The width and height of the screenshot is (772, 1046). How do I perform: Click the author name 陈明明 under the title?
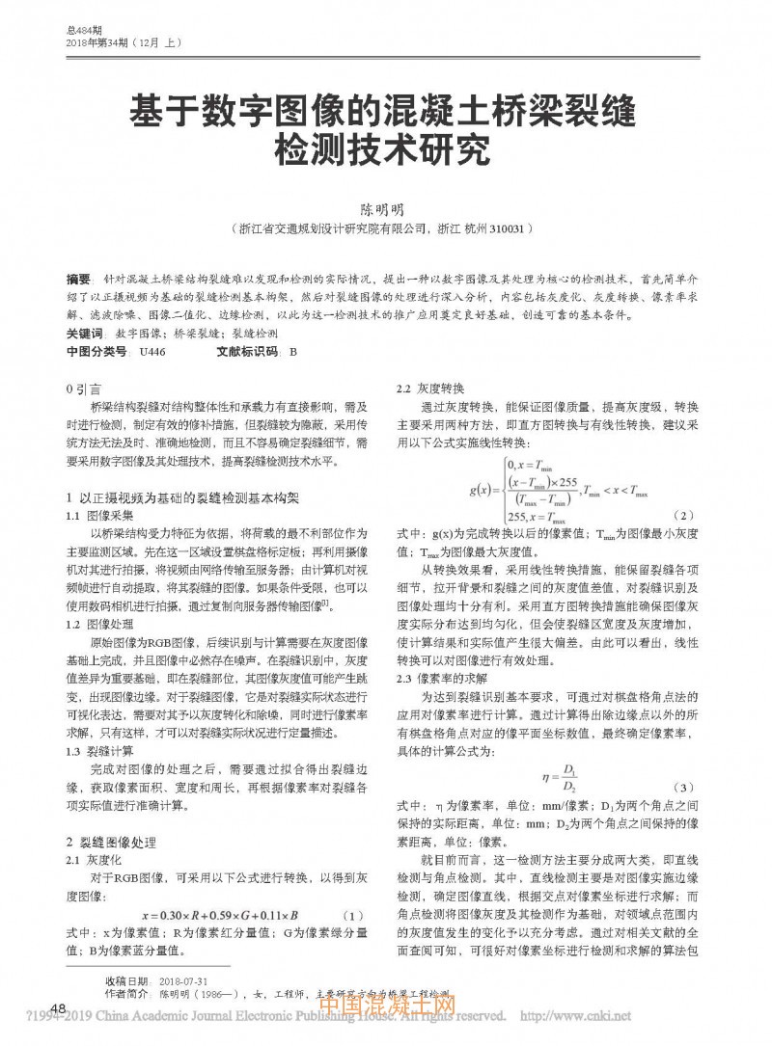tap(384, 208)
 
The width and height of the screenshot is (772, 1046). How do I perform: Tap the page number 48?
tap(57, 1008)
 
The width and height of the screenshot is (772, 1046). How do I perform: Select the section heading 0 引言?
tap(82, 388)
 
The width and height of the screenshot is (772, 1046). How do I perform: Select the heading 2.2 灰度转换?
tap(426, 388)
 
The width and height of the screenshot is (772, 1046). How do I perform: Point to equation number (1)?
tap(353, 914)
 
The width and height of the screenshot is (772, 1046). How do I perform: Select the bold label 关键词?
tap(84, 333)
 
